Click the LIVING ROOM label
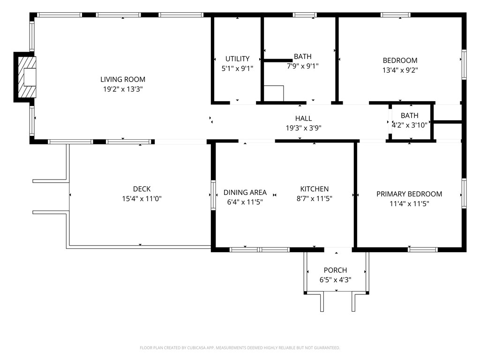(x=123, y=79)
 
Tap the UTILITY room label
(x=237, y=59)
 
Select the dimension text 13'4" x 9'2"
(x=400, y=70)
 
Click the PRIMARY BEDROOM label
(x=409, y=194)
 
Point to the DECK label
(x=142, y=189)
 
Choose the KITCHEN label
(x=315, y=189)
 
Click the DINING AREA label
(x=245, y=192)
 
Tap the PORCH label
(x=335, y=270)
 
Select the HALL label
(x=303, y=118)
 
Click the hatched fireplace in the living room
(x=27, y=77)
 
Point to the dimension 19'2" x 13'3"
(x=123, y=89)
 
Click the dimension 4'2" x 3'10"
(x=409, y=125)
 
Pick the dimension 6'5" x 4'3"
(x=335, y=279)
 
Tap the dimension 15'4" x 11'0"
(x=142, y=199)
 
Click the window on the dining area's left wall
(x=213, y=195)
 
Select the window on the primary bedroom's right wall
(x=464, y=194)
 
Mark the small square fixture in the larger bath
(x=274, y=93)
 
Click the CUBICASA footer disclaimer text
(x=240, y=348)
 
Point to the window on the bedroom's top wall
(x=396, y=15)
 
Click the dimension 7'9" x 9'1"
(x=302, y=66)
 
